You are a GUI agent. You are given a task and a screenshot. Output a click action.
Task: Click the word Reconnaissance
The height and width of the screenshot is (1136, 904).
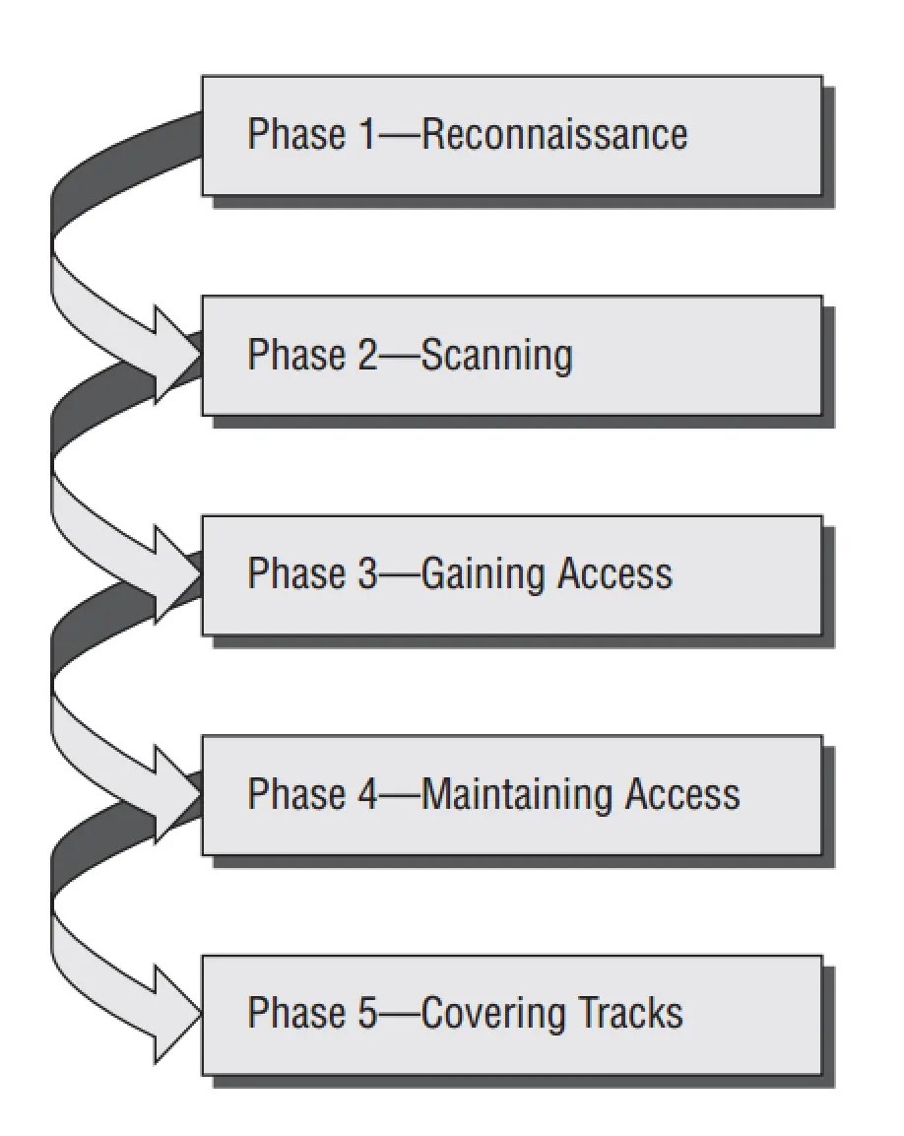pos(553,135)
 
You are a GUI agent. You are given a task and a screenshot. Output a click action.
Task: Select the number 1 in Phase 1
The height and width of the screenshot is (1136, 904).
pos(366,135)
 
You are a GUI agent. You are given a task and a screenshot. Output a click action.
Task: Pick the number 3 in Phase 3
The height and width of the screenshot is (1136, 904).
pos(366,574)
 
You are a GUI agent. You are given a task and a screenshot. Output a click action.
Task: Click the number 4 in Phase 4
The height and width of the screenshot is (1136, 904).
pos(366,794)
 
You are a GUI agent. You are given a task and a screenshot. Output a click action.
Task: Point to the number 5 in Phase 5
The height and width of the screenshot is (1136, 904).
pos(366,1013)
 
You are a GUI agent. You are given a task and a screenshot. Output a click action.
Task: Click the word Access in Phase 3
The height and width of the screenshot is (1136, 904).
pos(614,574)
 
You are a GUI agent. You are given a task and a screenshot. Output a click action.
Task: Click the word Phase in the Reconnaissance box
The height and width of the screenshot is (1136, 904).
pos(295,135)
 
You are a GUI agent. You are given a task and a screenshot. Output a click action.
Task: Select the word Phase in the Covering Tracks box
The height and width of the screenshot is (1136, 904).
pos(295,1013)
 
